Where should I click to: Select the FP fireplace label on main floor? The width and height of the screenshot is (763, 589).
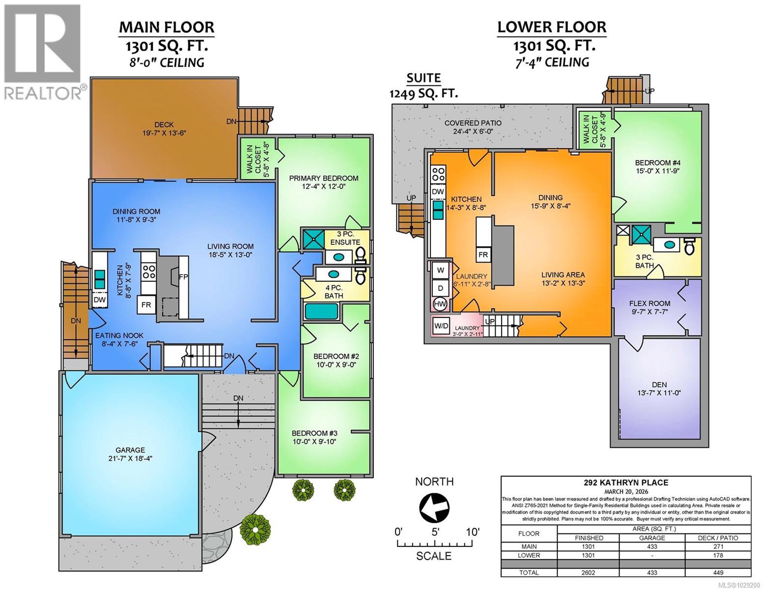pyautogui.click(x=183, y=276)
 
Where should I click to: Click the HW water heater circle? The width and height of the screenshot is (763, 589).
pyautogui.click(x=440, y=304)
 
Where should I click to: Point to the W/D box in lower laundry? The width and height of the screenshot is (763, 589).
pyautogui.click(x=440, y=325)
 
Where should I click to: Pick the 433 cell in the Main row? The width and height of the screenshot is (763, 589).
pyautogui.click(x=651, y=546)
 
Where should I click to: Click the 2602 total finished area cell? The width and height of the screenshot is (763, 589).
pyautogui.click(x=588, y=572)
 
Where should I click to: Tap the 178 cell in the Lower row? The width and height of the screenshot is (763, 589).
pyautogui.click(x=718, y=555)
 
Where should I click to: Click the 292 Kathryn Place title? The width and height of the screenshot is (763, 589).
pyautogui.click(x=625, y=482)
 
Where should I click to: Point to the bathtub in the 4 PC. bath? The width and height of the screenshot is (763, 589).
pyautogui.click(x=321, y=311)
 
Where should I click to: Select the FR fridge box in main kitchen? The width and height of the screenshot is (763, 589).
pyautogui.click(x=146, y=305)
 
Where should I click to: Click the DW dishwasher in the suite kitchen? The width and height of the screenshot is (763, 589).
pyautogui.click(x=438, y=191)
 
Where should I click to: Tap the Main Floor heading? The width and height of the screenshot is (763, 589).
pyautogui.click(x=166, y=27)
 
